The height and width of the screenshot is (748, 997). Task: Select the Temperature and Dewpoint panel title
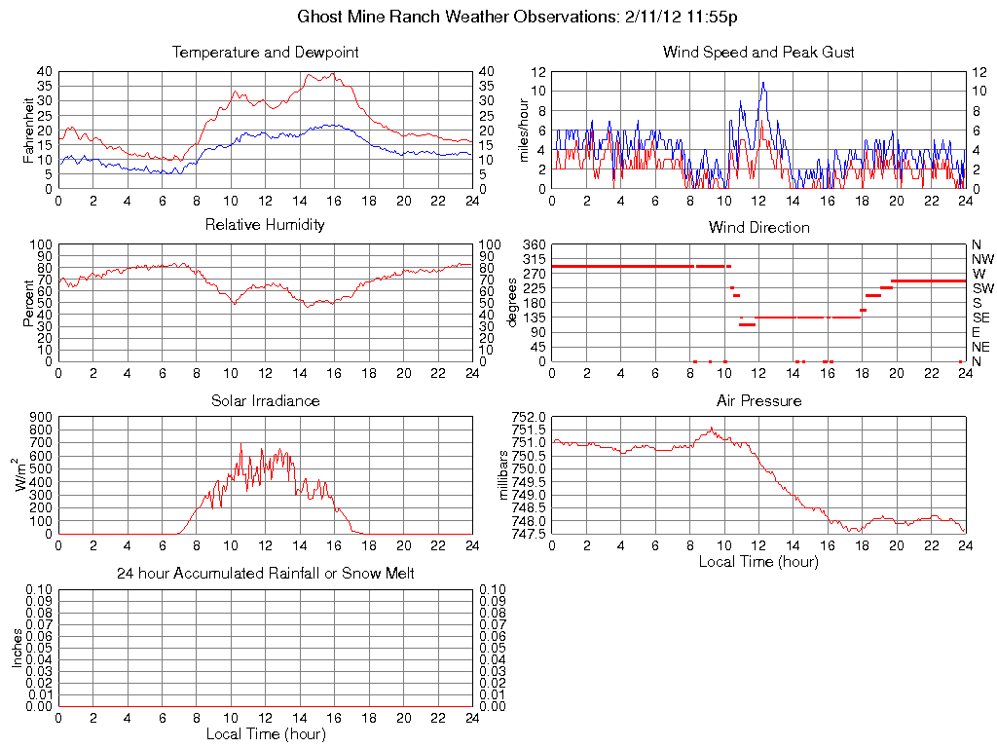[265, 53]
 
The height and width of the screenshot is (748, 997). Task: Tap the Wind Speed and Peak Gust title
[758, 53]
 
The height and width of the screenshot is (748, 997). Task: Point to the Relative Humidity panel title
[265, 225]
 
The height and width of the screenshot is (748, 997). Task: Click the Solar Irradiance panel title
[265, 400]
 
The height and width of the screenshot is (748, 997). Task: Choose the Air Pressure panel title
[758, 400]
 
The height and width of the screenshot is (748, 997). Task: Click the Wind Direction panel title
[758, 228]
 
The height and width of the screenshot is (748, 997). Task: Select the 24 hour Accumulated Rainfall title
[265, 574]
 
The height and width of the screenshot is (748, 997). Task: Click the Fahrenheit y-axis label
[29, 130]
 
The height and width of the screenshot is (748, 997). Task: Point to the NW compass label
[982, 259]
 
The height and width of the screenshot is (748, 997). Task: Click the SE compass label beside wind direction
[981, 318]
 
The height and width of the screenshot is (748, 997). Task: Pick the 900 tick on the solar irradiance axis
[40, 417]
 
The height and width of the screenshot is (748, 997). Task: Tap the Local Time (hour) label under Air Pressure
[758, 561]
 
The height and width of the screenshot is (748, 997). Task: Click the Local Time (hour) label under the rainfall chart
[265, 733]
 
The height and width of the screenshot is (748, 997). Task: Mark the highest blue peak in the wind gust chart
[763, 82]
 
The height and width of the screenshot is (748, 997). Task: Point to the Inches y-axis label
[17, 648]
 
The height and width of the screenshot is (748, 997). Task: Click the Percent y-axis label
[29, 302]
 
